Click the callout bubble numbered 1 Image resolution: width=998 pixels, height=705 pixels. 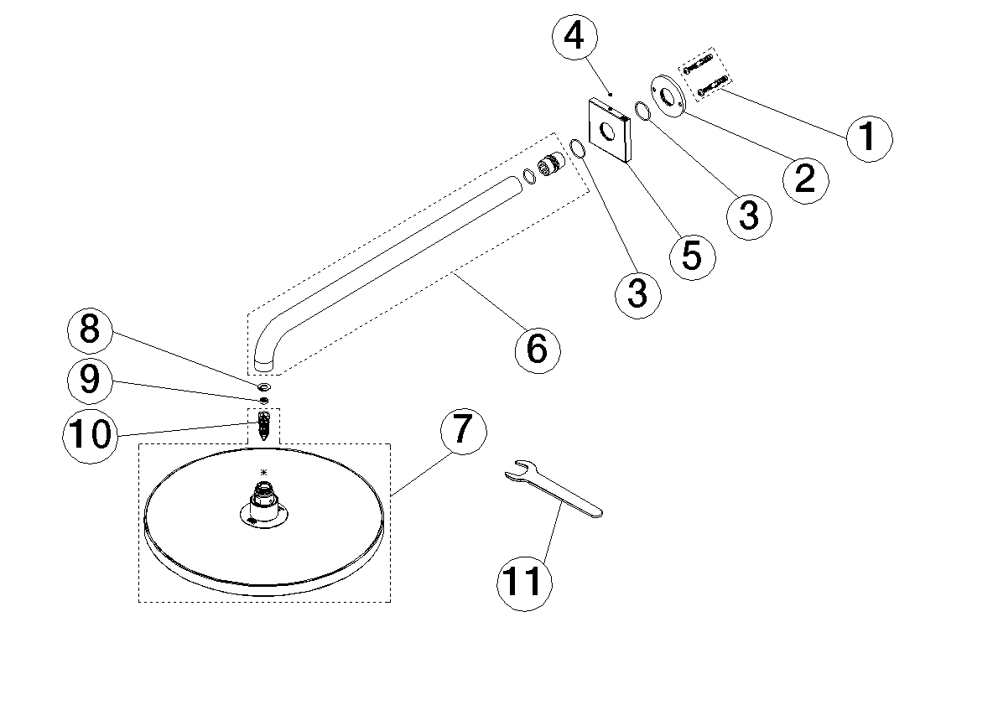tap(868, 135)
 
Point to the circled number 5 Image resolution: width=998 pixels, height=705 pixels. tap(692, 254)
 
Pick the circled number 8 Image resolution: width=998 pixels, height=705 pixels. tap(90, 329)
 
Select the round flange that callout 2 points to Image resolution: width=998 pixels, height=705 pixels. tap(668, 94)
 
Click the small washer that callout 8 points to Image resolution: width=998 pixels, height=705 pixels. tap(264, 387)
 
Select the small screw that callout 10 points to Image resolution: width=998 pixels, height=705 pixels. tap(265, 425)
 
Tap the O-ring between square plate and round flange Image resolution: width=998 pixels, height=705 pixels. tap(642, 111)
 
